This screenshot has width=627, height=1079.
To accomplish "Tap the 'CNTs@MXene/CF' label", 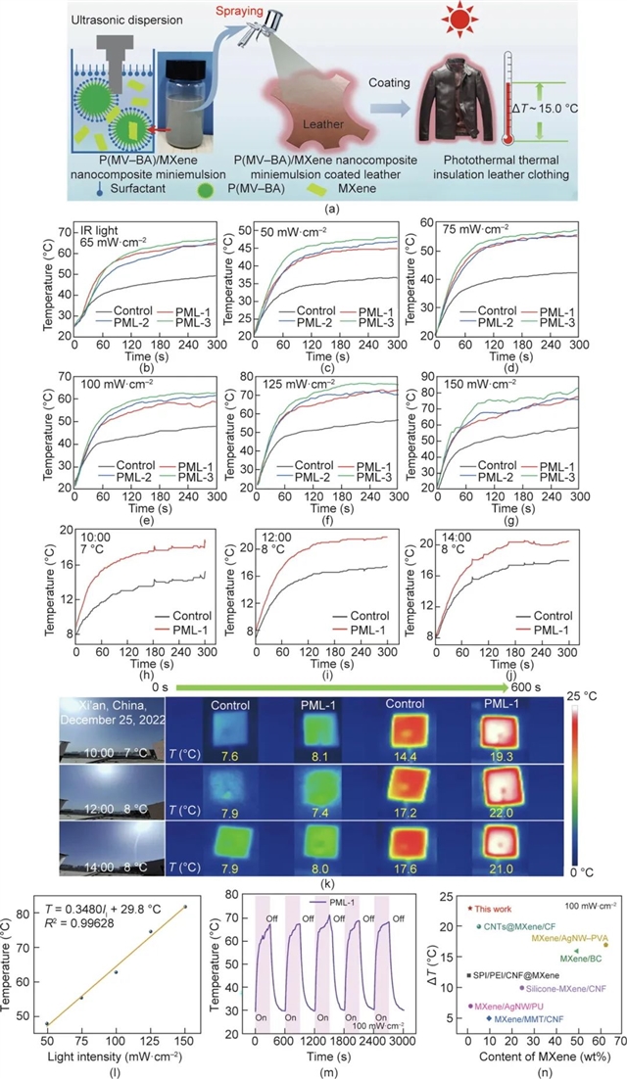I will coord(512,926).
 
